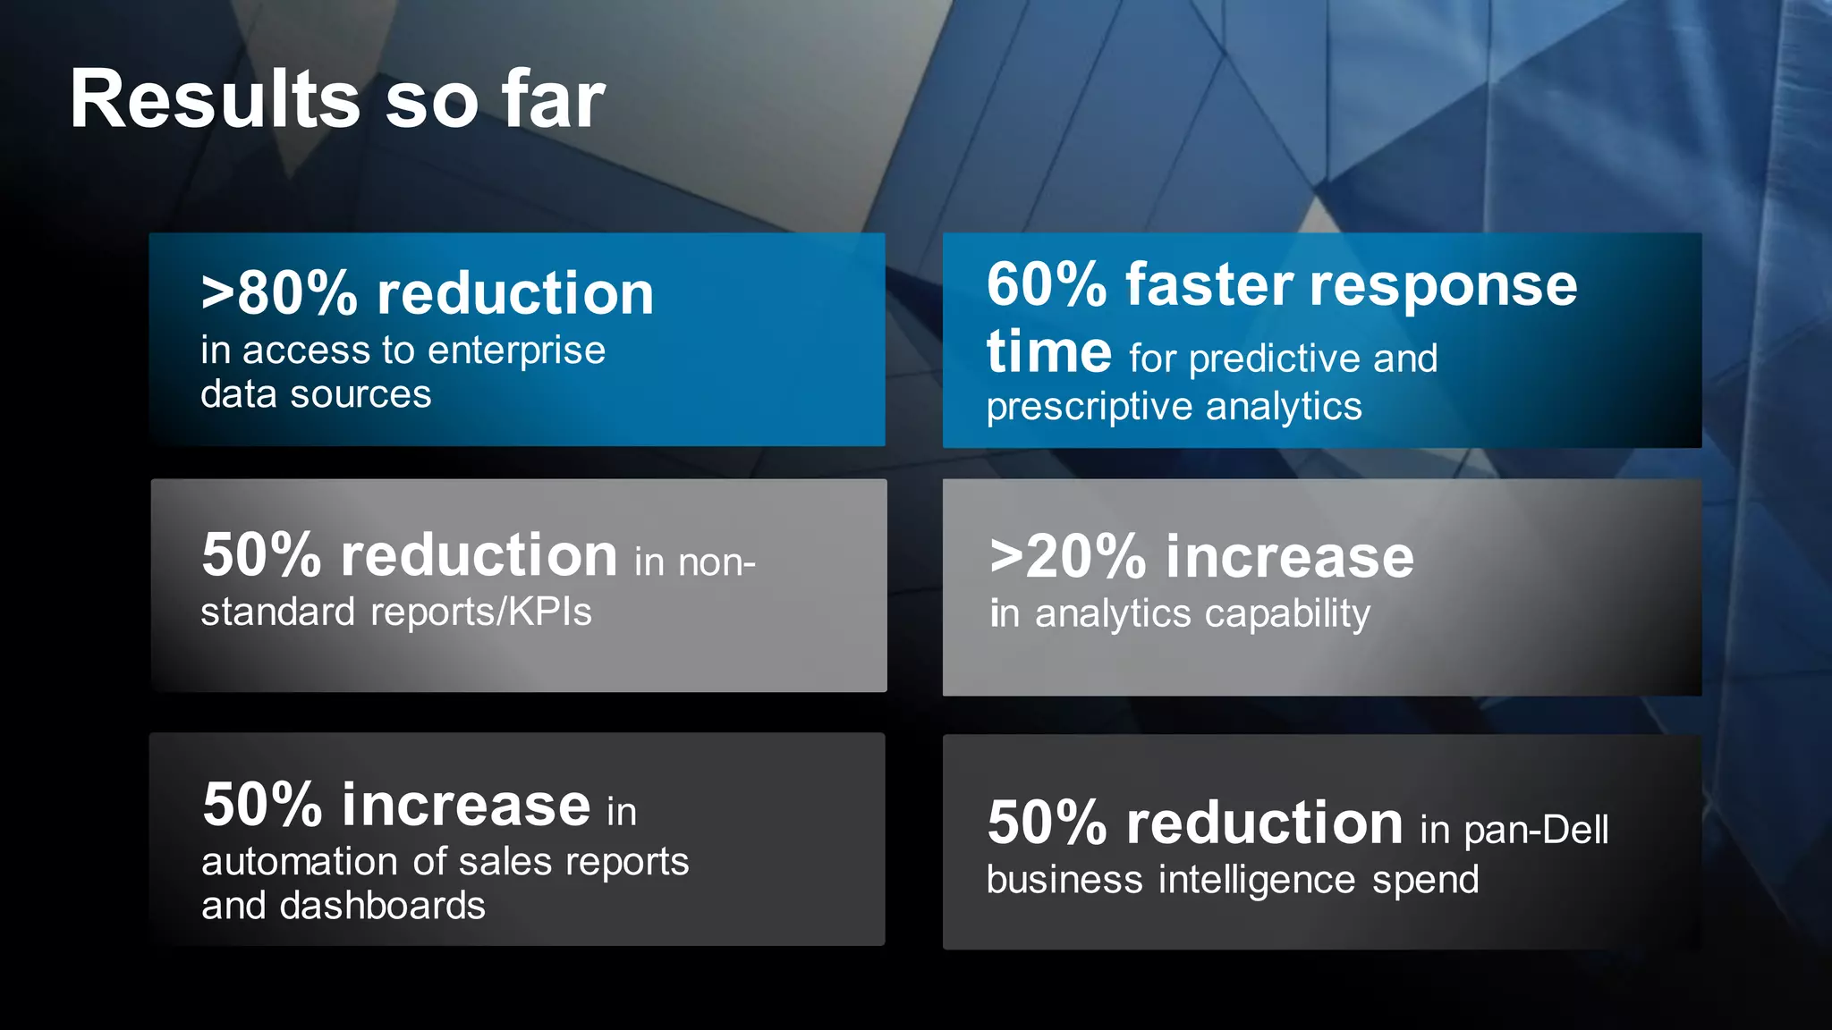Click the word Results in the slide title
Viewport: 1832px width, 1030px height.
point(215,100)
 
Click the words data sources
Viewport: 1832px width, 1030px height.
point(316,394)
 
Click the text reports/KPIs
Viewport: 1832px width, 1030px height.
point(480,612)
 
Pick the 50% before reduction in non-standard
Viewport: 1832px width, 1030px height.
point(261,555)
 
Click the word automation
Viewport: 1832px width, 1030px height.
point(299,862)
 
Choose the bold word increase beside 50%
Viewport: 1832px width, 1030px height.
point(465,805)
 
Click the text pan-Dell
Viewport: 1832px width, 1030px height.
point(1536,830)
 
